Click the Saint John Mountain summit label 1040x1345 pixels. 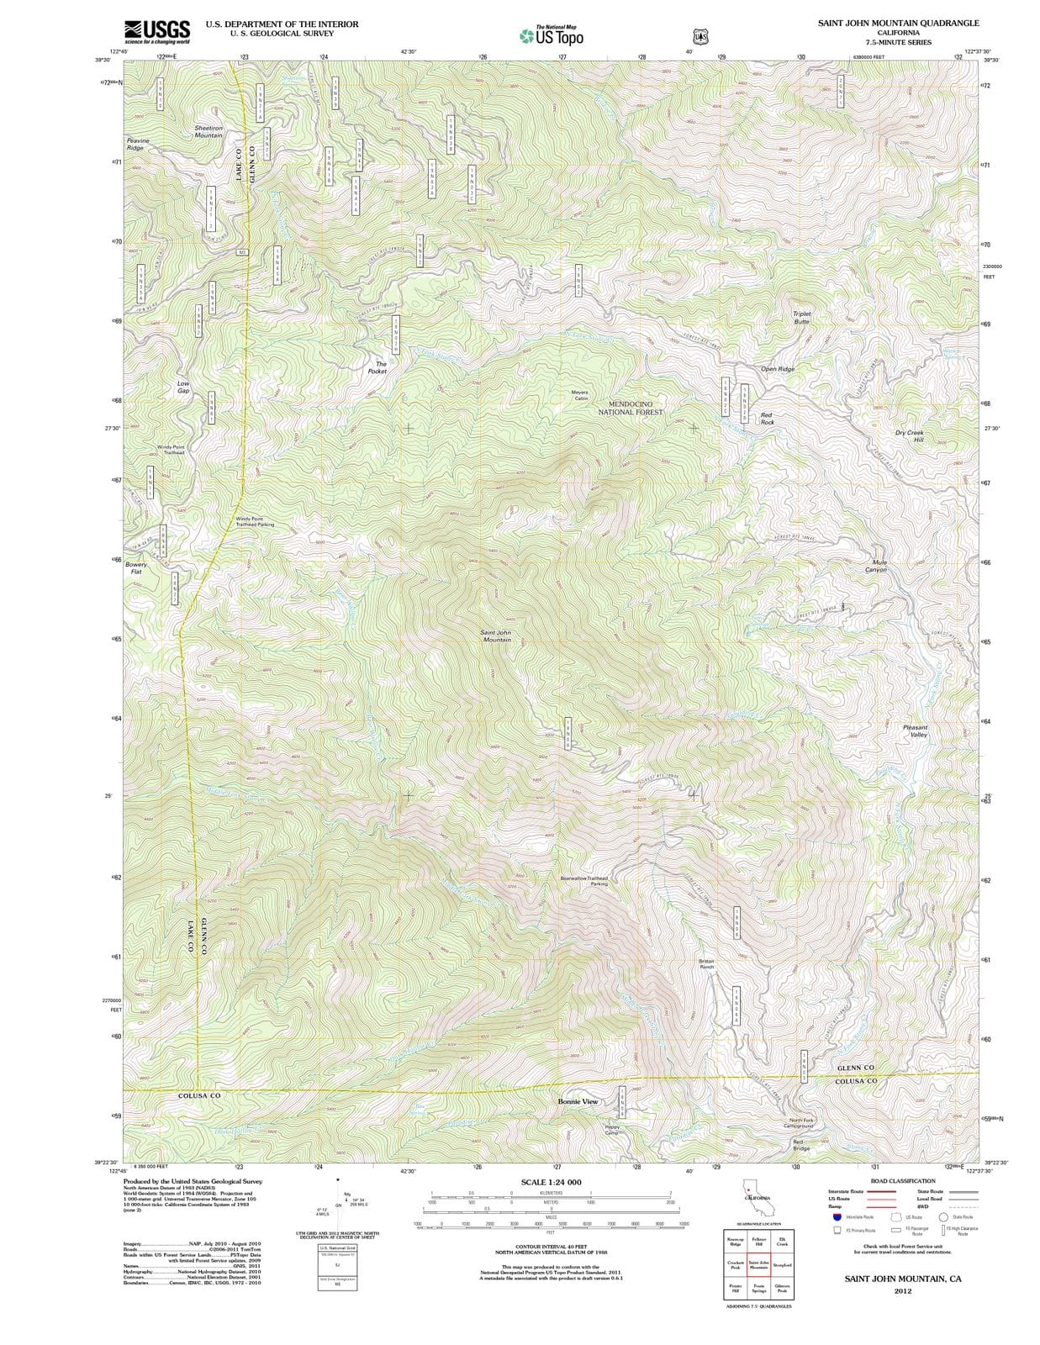pos(495,636)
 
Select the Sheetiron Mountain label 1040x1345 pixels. pos(208,131)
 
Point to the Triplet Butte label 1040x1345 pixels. pos(801,317)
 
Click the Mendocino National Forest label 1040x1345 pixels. pos(631,408)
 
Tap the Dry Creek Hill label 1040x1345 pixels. pos(909,435)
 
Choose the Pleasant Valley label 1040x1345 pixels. pos(915,731)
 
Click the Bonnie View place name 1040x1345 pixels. pos(578,1100)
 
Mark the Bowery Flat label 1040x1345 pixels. pos(136,567)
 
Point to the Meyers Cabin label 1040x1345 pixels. pos(579,395)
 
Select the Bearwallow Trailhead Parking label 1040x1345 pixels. pos(584,880)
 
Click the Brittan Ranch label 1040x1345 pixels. pos(706,963)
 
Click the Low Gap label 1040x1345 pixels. pos(183,387)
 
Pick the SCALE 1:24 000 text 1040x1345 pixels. pos(551,1182)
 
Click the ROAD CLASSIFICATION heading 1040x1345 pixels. pos(903,1181)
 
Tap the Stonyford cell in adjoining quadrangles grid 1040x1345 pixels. pos(782,1264)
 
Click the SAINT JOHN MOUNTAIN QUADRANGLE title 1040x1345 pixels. pos(898,23)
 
